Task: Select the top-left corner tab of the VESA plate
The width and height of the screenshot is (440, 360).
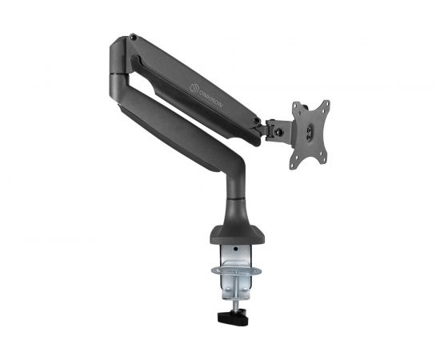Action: [295, 106]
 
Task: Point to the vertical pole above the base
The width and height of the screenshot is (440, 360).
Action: [238, 200]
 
